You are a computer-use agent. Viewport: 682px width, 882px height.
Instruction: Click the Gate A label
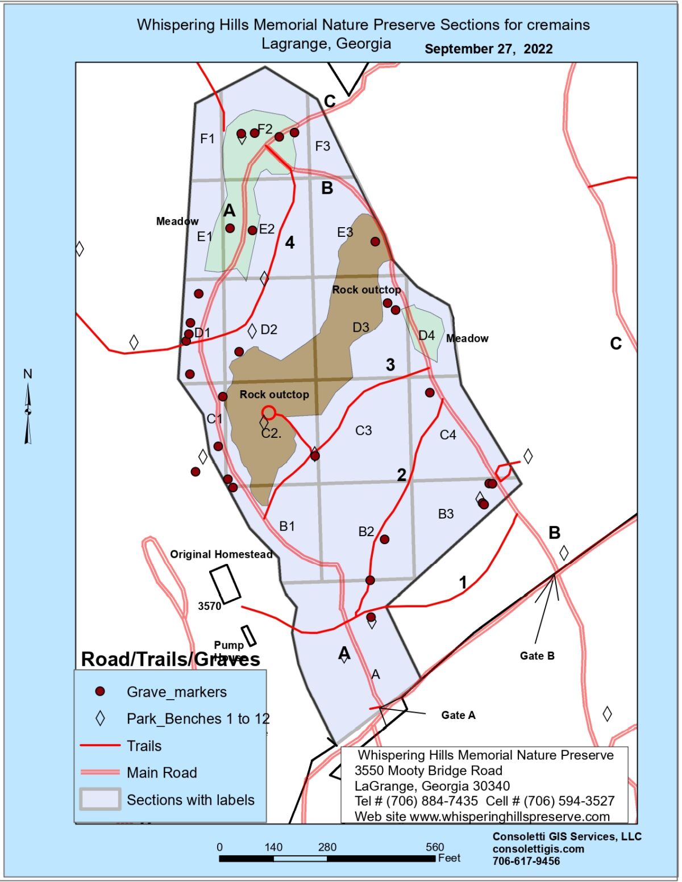coord(458,715)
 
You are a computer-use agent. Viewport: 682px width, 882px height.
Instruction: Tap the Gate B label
coord(537,656)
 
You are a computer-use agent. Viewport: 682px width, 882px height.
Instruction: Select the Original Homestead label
coord(221,554)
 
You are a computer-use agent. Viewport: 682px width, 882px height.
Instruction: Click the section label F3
coord(323,147)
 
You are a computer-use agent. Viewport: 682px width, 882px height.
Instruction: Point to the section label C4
coord(448,435)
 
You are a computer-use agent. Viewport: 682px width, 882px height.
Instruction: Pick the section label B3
coord(446,514)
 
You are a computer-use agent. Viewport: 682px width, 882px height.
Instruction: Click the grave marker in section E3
coord(375,241)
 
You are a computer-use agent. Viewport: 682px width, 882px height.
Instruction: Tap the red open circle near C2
coord(269,412)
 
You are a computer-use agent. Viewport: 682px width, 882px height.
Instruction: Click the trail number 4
coord(290,243)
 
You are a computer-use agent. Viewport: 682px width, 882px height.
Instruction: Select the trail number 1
coord(463,582)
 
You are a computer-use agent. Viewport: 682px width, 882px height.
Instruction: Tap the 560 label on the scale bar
coord(435,847)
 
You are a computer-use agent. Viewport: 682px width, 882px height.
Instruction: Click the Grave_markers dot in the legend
coord(100,691)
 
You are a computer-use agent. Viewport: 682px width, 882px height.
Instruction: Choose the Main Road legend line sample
coord(100,772)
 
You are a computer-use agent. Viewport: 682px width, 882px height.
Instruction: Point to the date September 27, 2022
coord(488,49)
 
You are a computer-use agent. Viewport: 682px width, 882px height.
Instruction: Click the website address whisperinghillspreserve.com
coord(509,817)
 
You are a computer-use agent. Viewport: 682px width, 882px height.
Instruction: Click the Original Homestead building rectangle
coord(225,584)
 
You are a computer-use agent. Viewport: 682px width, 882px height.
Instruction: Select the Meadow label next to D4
coord(467,338)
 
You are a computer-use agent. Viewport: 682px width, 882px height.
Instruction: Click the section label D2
coord(269,329)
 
